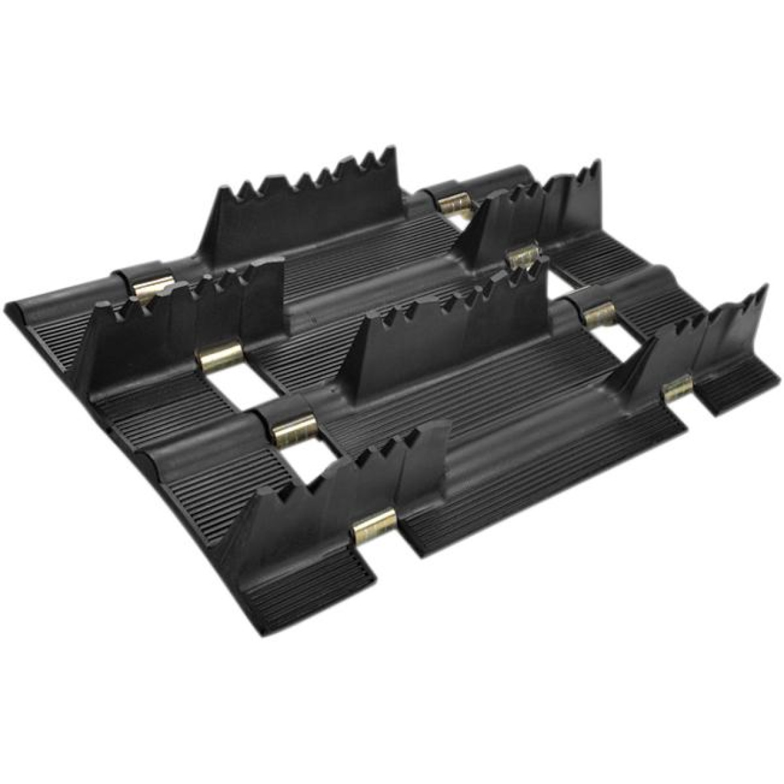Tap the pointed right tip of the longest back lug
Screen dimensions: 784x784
coord(392,151)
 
